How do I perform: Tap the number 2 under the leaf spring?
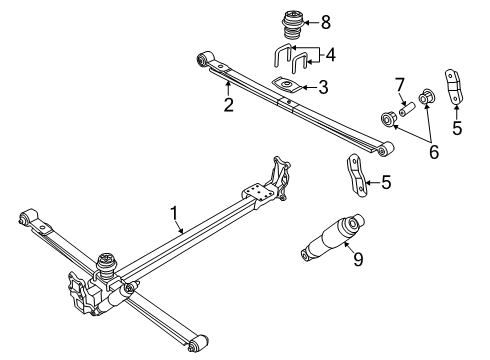pyautogui.click(x=228, y=104)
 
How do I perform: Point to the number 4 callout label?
pyautogui.click(x=331, y=54)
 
